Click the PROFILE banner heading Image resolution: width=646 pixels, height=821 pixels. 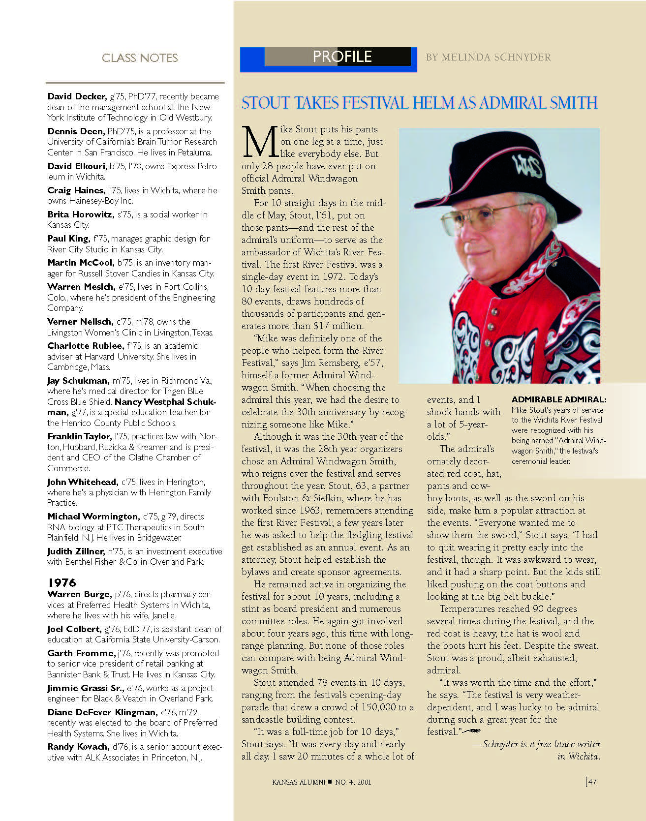342,57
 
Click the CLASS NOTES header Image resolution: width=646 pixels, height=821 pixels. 140,58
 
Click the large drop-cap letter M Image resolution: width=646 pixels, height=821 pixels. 259,142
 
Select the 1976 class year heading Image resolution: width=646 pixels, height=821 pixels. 62,583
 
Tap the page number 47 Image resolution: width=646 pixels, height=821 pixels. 592,782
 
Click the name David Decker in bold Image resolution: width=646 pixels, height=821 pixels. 77,96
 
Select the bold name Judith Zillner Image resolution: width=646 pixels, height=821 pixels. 76,551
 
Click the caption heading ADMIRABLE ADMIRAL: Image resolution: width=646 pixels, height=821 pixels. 559,399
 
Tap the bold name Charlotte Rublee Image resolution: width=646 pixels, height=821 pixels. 85,346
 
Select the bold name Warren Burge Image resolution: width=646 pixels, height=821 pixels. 80,594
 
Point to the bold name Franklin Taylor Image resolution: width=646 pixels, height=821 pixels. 79,436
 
